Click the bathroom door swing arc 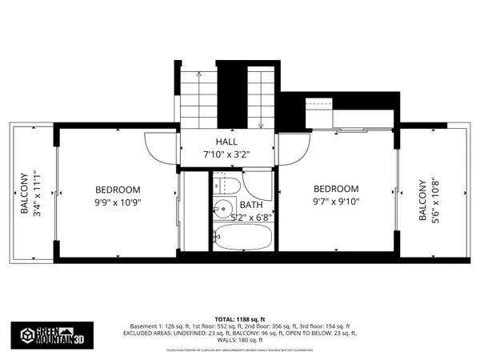[258, 186]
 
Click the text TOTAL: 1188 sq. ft [239, 318]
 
